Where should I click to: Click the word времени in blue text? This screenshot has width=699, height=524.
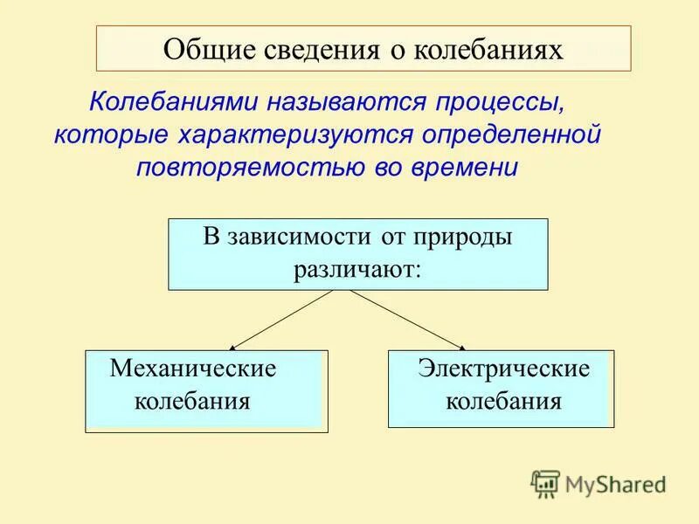pyautogui.click(x=474, y=167)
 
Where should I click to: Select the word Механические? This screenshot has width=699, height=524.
pyautogui.click(x=193, y=369)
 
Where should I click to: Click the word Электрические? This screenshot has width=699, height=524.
pyautogui.click(x=503, y=369)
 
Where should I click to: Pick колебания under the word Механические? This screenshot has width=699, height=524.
pyautogui.click(x=192, y=402)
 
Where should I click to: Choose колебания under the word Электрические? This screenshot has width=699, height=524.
pyautogui.click(x=503, y=402)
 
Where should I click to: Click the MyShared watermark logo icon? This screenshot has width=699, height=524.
pyautogui.click(x=545, y=483)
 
